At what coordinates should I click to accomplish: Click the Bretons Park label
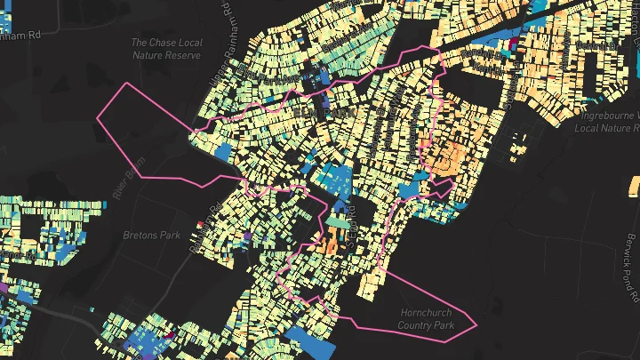[x=150, y=236]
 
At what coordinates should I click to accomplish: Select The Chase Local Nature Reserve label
[x=166, y=49]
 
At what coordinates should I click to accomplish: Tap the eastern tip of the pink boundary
[x=477, y=324]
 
